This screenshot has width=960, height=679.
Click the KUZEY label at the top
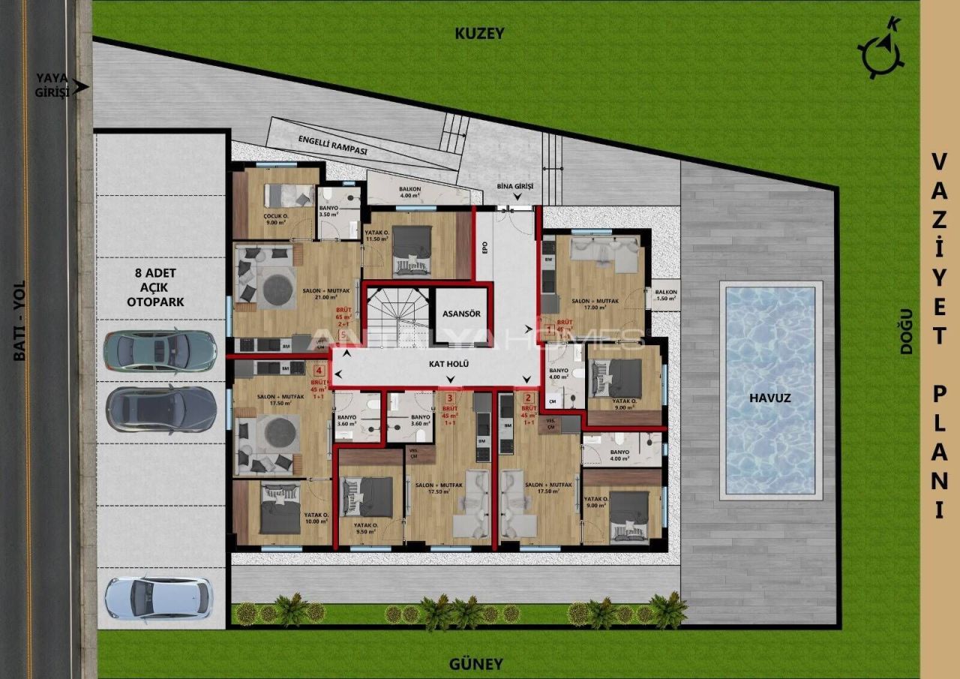(480, 34)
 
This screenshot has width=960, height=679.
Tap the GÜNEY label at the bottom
(475, 664)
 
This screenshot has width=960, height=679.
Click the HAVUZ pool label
(770, 398)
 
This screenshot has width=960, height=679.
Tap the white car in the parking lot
(158, 598)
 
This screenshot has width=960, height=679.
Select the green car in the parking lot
(160, 350)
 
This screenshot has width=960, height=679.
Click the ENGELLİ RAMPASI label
(333, 146)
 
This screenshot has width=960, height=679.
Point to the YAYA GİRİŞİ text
(52, 84)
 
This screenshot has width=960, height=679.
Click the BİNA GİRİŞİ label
(514, 186)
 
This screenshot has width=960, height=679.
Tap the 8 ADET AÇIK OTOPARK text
(157, 287)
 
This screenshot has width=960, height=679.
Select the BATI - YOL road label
(19, 320)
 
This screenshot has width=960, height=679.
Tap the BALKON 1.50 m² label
(666, 295)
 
